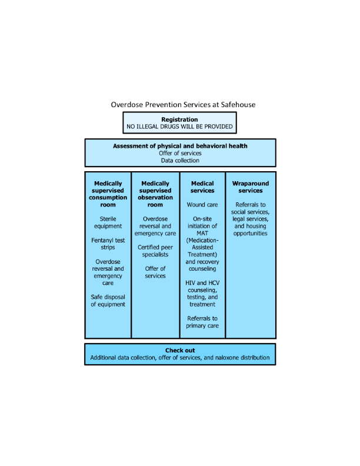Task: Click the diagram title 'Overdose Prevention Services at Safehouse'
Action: [183, 105]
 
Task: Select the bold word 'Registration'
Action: [179, 119]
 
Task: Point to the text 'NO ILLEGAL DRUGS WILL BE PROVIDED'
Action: [179, 127]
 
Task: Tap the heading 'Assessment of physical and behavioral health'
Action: [180, 146]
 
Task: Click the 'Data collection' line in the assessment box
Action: [180, 161]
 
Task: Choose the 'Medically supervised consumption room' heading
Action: [108, 194]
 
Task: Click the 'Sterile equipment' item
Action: [108, 222]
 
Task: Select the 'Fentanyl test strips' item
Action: [108, 244]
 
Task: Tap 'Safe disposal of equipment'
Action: [108, 301]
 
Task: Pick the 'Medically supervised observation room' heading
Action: [155, 194]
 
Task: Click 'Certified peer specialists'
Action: [155, 251]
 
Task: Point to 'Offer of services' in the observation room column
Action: [155, 272]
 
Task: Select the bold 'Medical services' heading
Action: [202, 187]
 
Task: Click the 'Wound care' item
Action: [202, 205]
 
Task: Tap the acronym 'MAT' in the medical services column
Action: [202, 234]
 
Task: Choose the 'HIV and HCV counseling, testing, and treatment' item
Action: [202, 294]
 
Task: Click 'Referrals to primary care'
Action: [202, 322]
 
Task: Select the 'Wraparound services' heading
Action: [251, 187]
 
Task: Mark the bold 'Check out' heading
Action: [180, 351]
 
